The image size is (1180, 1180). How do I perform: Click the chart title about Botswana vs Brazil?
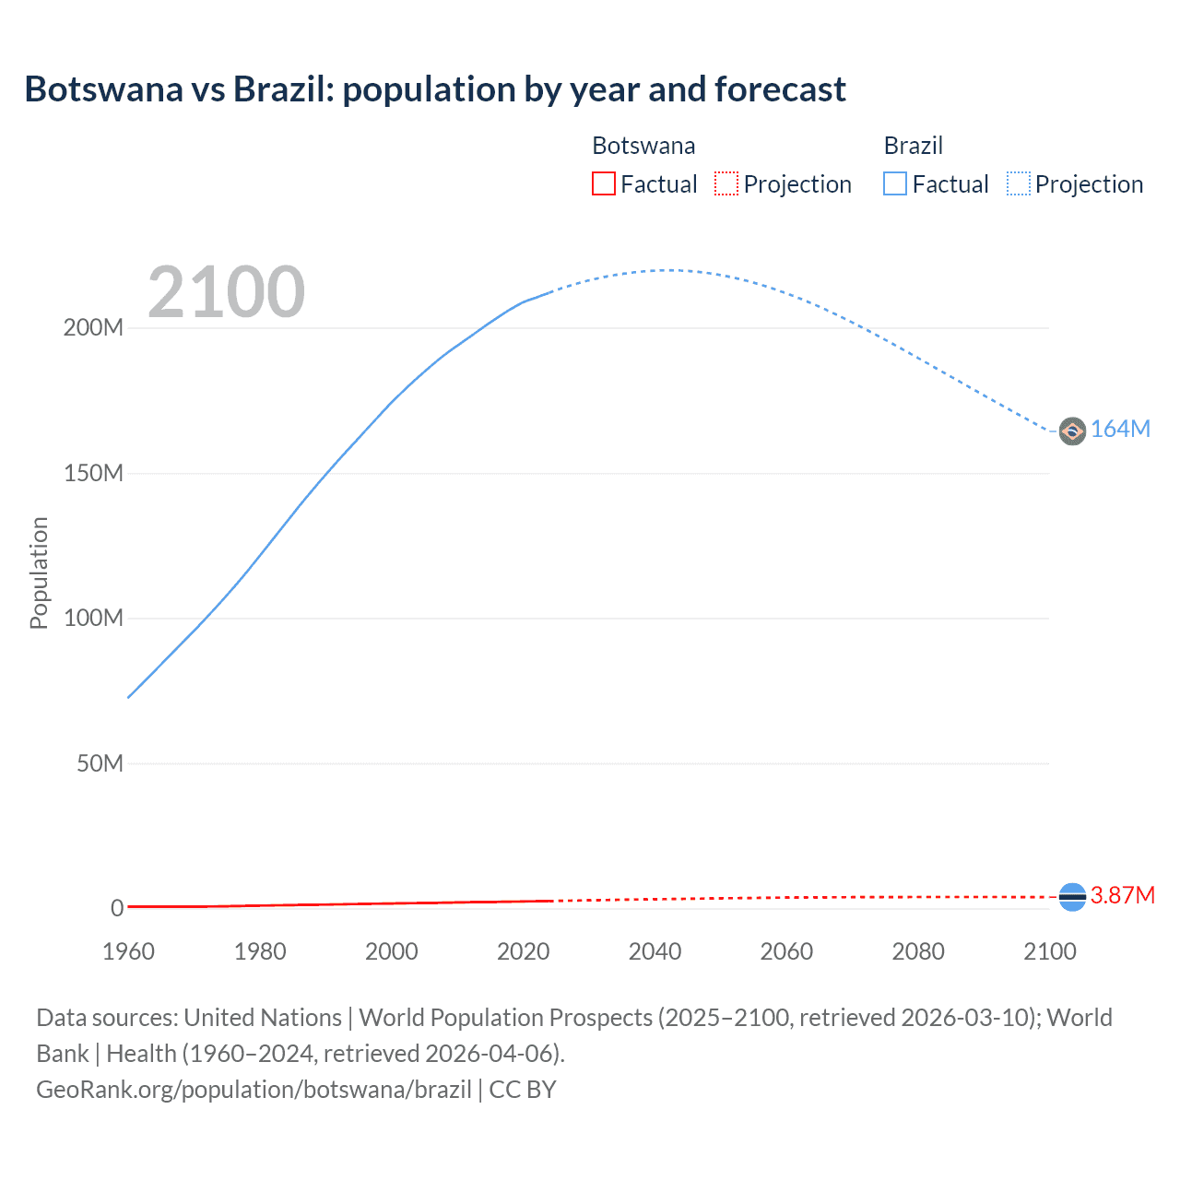tap(435, 89)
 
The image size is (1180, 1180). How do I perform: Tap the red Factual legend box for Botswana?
tap(603, 183)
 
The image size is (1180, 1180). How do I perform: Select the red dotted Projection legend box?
tap(726, 183)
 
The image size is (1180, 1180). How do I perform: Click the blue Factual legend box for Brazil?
tap(895, 183)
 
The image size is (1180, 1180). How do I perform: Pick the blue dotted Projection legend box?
tap(1018, 183)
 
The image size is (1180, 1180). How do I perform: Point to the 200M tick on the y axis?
tap(93, 328)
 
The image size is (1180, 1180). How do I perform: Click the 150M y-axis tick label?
tap(93, 473)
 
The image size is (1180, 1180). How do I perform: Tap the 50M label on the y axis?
tap(100, 763)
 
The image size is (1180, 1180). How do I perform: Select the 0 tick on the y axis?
tap(117, 908)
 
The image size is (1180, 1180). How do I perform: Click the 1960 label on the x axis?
tap(128, 951)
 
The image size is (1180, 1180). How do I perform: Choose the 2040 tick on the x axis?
tap(655, 951)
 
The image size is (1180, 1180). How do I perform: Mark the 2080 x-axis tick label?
tap(918, 951)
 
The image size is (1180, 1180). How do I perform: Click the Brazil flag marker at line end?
tap(1072, 431)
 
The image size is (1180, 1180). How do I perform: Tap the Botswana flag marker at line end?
tap(1072, 896)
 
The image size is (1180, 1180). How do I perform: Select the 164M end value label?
tap(1120, 430)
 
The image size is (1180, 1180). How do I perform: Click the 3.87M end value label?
tap(1122, 896)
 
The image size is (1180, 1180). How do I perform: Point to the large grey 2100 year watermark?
tap(226, 292)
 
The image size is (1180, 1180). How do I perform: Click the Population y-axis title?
tap(39, 572)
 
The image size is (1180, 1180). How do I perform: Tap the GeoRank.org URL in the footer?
tap(254, 1090)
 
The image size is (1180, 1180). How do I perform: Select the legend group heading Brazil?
tap(913, 146)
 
